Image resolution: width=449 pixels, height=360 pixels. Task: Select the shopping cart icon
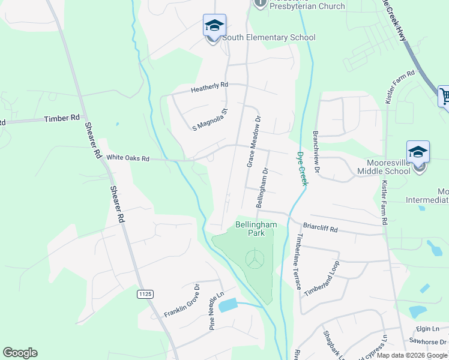pos(445,96)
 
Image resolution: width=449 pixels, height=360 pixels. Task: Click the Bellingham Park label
pos(256,229)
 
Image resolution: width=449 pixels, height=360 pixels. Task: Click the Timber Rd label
pos(62,119)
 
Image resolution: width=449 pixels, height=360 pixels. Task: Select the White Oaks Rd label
pos(127,158)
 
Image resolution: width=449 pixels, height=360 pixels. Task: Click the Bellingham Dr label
pos(262,188)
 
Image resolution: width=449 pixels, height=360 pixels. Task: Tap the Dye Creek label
pos(302,168)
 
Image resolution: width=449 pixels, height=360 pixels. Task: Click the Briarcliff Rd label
pos(321,229)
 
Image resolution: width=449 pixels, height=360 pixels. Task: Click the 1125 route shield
pos(145,294)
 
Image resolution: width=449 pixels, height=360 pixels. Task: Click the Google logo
pos(20,353)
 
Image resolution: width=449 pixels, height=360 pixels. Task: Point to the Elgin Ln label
pos(427,329)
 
